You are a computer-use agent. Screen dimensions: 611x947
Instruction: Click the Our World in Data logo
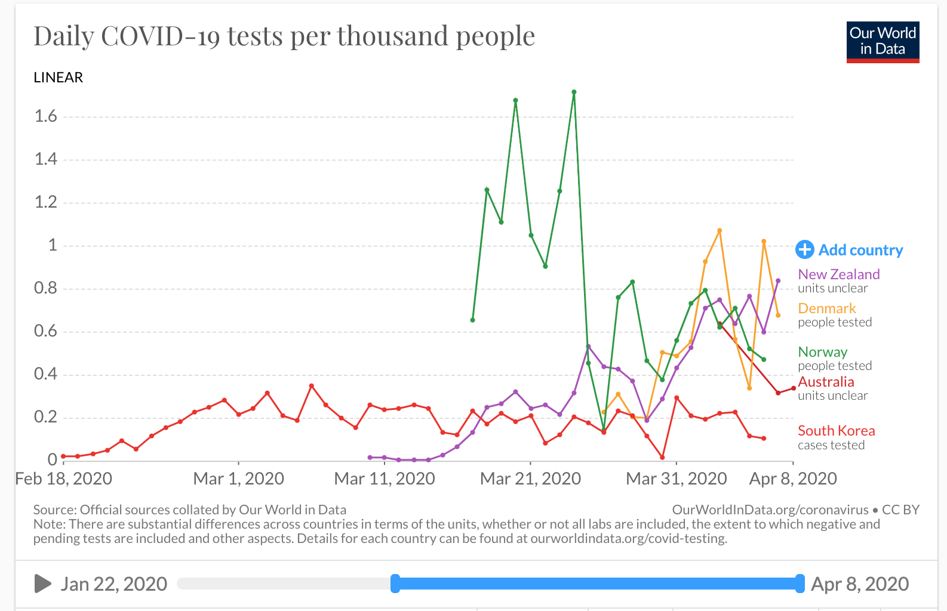(x=883, y=42)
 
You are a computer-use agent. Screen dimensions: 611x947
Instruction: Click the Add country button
(x=850, y=250)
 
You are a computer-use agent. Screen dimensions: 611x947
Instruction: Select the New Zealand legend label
(x=838, y=274)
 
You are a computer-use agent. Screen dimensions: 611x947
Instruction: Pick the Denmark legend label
(x=826, y=308)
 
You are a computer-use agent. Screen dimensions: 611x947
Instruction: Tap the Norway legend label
(x=822, y=352)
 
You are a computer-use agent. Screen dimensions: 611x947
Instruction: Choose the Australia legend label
(x=826, y=382)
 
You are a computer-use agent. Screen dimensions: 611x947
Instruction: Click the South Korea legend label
(x=836, y=431)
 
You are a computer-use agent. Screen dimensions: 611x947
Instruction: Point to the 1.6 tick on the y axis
(x=45, y=116)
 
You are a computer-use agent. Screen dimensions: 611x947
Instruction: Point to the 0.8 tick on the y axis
(x=45, y=288)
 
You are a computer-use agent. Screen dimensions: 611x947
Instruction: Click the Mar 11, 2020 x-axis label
(x=385, y=479)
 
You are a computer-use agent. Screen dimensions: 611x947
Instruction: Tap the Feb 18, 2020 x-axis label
(x=64, y=479)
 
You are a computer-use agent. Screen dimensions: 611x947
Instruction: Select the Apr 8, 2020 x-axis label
(x=793, y=479)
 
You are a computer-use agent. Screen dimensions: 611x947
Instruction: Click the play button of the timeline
(x=42, y=584)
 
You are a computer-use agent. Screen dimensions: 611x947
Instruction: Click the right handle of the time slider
(x=800, y=584)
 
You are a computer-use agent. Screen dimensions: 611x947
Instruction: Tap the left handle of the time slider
(x=395, y=584)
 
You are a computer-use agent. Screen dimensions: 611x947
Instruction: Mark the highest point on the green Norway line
(x=574, y=92)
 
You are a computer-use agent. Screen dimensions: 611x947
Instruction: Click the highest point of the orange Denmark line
(x=720, y=230)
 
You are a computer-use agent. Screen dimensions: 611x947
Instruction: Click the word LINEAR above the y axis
(x=59, y=78)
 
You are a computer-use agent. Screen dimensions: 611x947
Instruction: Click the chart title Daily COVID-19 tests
(x=284, y=36)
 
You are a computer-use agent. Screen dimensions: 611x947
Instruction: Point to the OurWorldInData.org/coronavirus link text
(x=770, y=510)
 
